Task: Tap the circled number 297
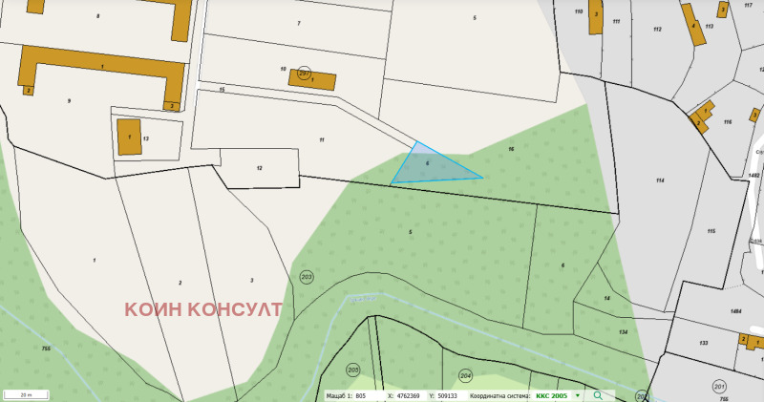coord(305,73)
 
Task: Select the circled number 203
coord(307,277)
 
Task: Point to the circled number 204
coord(466,375)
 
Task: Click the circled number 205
coord(352,370)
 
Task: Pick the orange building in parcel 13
coord(128,137)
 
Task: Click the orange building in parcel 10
coord(313,79)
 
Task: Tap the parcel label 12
coord(259,167)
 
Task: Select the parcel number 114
coord(659,180)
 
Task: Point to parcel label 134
coord(623,331)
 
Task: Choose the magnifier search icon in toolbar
coord(598,394)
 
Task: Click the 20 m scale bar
coord(27,394)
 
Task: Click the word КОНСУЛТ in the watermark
coord(228,309)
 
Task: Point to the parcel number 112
coord(657,30)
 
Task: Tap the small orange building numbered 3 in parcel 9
coord(172,105)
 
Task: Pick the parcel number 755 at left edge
coord(46,349)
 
